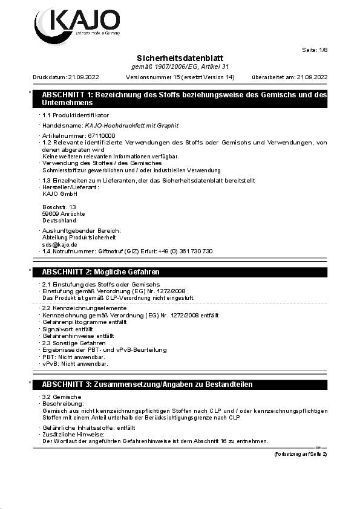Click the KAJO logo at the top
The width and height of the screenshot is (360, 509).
click(x=76, y=23)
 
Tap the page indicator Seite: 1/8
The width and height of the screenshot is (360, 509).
click(x=314, y=50)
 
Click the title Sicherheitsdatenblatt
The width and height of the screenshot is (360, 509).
click(x=180, y=57)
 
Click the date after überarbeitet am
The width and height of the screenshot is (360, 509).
click(x=312, y=77)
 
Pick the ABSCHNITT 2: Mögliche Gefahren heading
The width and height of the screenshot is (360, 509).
click(x=100, y=272)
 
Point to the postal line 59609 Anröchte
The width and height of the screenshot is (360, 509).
click(x=64, y=214)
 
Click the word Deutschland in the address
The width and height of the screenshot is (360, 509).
click(x=59, y=221)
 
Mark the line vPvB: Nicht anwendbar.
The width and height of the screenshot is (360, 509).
click(x=75, y=364)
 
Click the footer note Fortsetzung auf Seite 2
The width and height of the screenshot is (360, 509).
click(x=301, y=453)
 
